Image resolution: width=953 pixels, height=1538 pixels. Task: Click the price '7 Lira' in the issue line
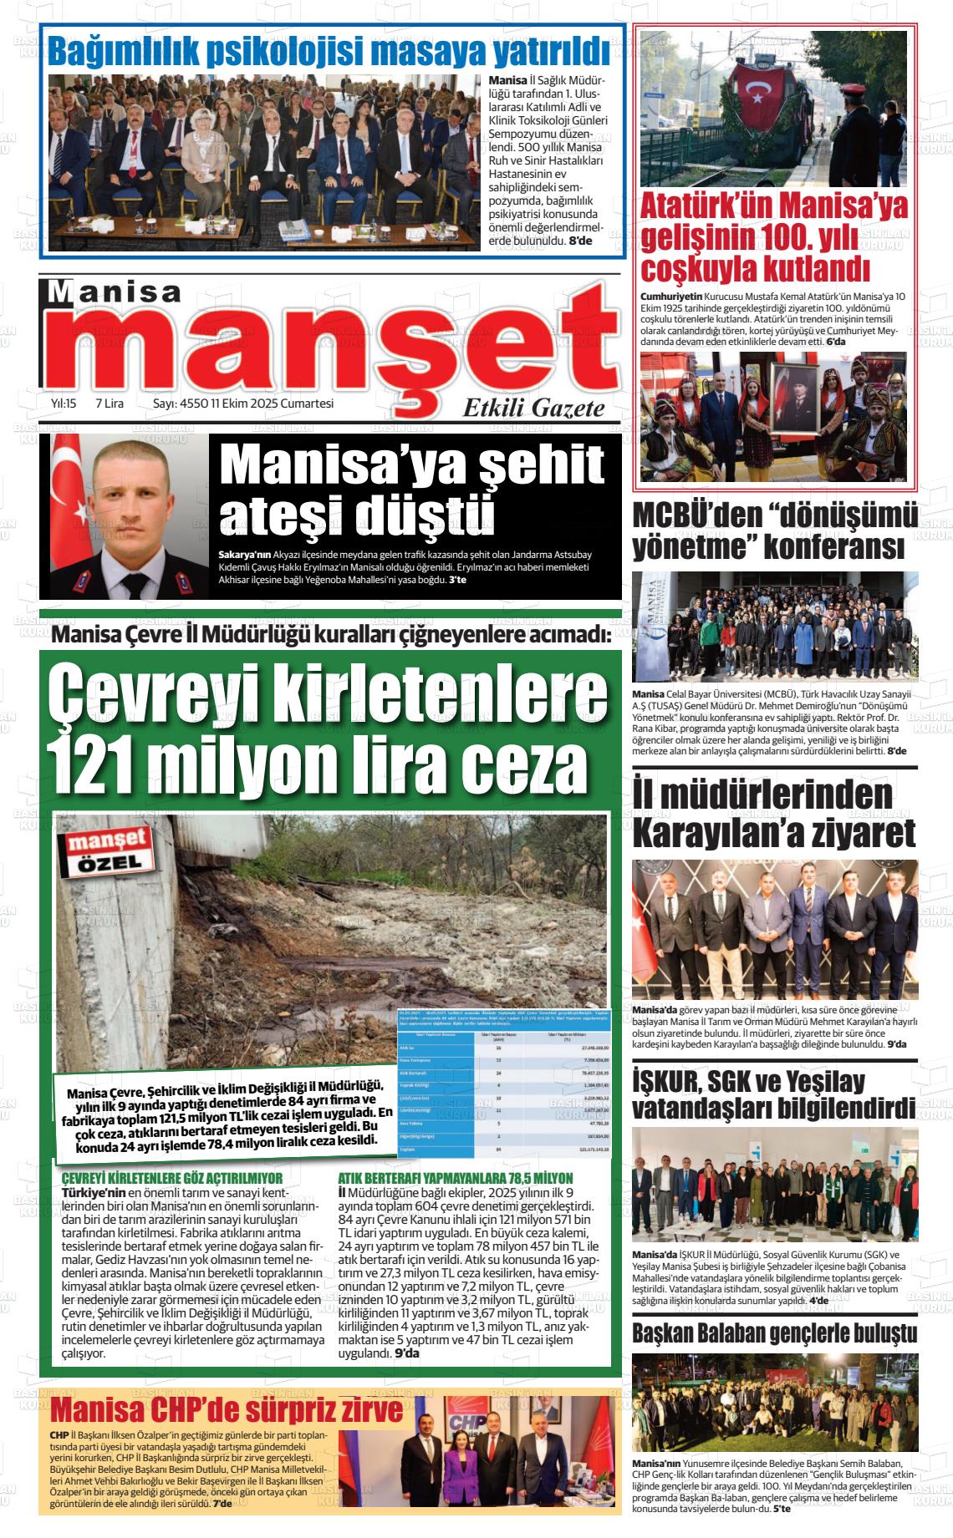pos(110,404)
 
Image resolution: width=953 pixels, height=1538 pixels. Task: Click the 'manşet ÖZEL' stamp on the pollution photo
pos(106,850)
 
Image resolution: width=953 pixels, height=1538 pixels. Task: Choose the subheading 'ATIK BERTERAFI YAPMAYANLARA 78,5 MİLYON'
pos(456,1178)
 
